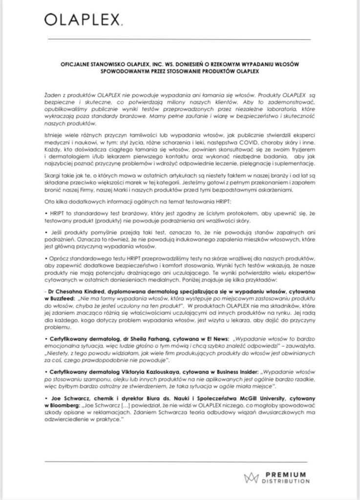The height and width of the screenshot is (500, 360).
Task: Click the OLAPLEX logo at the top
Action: point(83,20)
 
